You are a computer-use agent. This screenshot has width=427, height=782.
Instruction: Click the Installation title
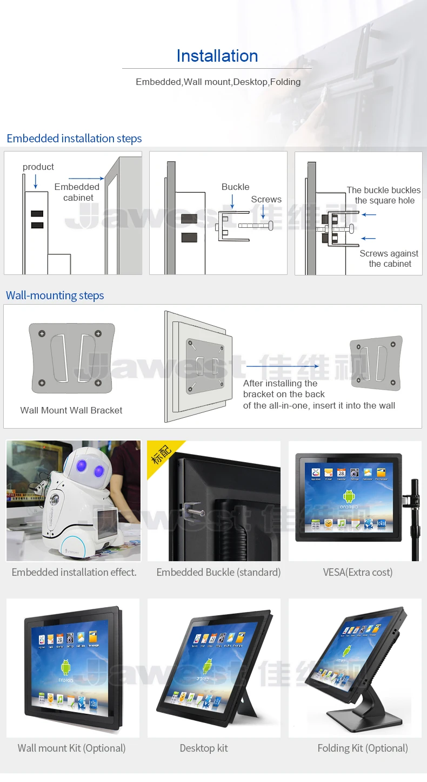click(x=217, y=56)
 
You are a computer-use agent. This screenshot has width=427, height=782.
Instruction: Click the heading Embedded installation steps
click(x=74, y=139)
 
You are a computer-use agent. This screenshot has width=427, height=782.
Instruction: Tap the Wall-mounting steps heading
click(x=55, y=295)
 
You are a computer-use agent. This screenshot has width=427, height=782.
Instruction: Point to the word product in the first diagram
click(x=38, y=167)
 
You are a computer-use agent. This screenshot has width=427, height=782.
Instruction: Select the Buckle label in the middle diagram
click(x=235, y=187)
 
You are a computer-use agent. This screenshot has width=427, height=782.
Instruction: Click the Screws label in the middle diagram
click(x=266, y=200)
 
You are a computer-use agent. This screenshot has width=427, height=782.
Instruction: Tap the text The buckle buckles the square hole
click(x=384, y=195)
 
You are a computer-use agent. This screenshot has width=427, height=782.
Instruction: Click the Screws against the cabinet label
click(x=389, y=259)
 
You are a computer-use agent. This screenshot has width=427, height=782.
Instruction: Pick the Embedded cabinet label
click(x=77, y=192)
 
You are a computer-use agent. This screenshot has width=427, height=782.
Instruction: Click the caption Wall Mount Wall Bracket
click(x=71, y=410)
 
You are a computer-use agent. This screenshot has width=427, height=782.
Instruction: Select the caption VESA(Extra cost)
click(x=358, y=572)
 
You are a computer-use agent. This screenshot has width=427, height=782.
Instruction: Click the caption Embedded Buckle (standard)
click(x=218, y=572)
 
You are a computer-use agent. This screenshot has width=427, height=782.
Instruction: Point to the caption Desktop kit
click(x=204, y=748)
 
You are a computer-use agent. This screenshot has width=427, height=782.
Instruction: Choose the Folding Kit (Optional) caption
click(x=363, y=748)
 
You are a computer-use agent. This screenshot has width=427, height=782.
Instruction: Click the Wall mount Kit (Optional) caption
click(x=71, y=748)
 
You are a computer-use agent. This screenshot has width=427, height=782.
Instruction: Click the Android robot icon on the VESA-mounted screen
click(x=349, y=496)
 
